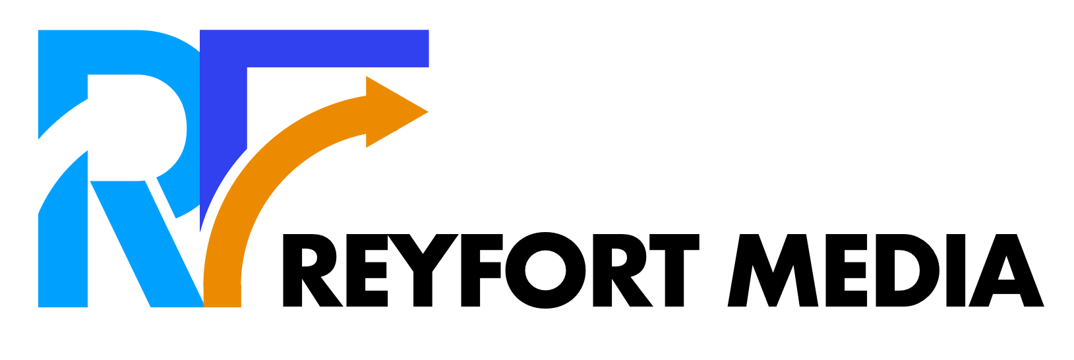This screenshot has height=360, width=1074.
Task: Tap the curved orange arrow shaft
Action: pyautogui.click(x=264, y=171)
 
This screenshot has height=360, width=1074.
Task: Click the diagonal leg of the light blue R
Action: pyautogui.click(x=145, y=244)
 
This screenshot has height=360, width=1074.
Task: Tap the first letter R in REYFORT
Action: pyautogui.click(x=310, y=270)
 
